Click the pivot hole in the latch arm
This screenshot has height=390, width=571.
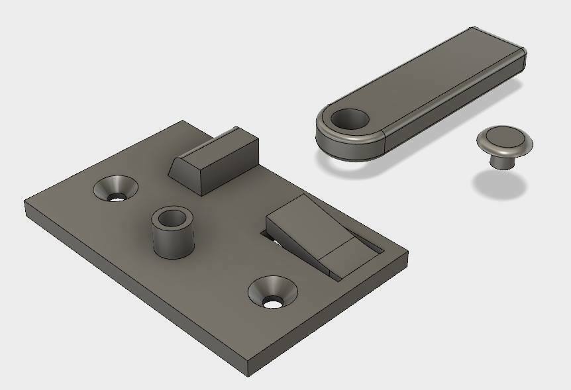[x=349, y=120]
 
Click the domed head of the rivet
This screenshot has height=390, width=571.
[x=504, y=140]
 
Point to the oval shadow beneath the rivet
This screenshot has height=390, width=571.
[x=502, y=185]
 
